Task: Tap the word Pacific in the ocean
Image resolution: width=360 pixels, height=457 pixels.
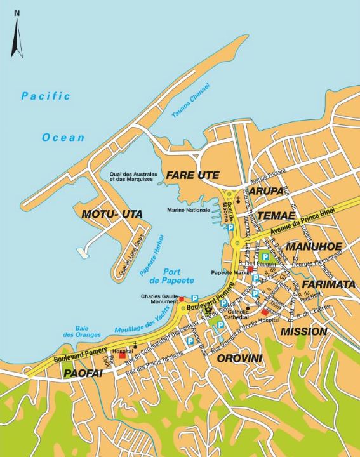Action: pos(45,96)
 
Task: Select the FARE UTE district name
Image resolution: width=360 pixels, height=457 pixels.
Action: pos(193,175)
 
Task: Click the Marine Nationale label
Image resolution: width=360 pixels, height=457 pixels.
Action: pos(189,211)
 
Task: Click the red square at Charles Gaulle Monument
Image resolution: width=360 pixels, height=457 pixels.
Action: pos(182,298)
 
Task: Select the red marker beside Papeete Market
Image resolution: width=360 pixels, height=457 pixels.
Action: pos(251,270)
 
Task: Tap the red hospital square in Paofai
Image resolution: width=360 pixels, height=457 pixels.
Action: pos(123,355)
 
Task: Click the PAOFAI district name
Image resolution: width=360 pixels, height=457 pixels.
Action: pos(83,374)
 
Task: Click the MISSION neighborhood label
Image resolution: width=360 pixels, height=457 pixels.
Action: pos(303,331)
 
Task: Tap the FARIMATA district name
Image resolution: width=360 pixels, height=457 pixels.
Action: pos(328,284)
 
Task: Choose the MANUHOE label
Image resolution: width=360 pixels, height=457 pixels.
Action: pos(314,246)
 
